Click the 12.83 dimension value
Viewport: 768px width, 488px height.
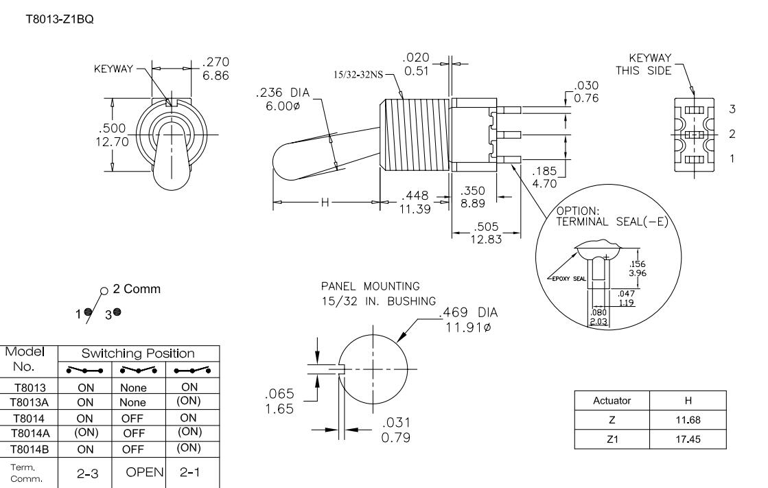[x=486, y=238]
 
